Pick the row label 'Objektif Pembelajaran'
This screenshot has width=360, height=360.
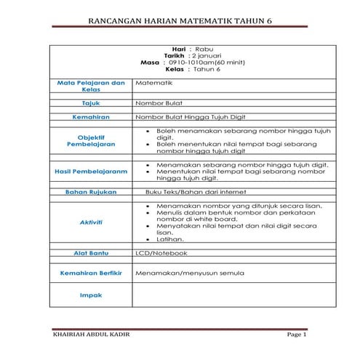pyautogui.click(x=91, y=140)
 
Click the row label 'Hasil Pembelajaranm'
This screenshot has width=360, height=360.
pyautogui.click(x=91, y=171)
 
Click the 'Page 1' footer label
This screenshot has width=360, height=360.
pyautogui.click(x=297, y=335)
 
